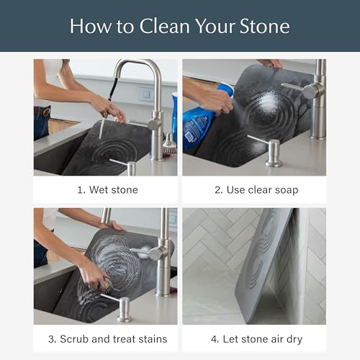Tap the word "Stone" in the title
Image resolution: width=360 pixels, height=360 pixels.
[264, 27]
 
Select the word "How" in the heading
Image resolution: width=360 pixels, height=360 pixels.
[91, 27]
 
